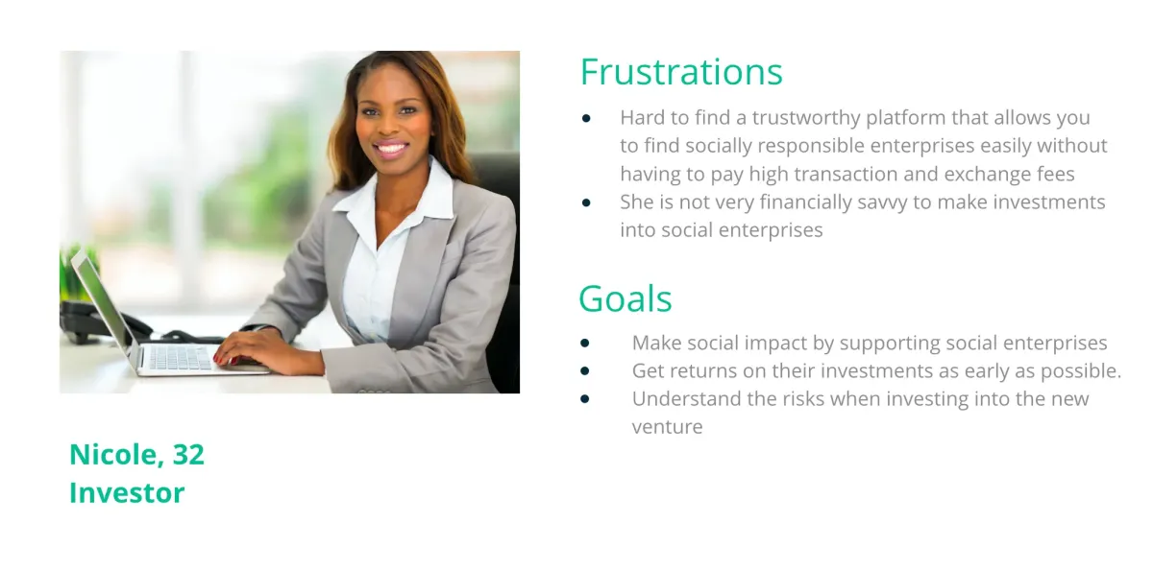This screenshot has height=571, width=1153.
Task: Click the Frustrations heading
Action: click(x=681, y=72)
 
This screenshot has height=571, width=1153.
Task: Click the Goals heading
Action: click(x=626, y=298)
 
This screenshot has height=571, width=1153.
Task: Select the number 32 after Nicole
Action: click(x=188, y=454)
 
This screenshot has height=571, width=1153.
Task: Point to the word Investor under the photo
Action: click(x=127, y=493)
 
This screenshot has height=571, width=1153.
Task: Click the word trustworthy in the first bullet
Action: click(x=806, y=118)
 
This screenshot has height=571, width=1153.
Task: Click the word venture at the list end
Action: click(x=667, y=428)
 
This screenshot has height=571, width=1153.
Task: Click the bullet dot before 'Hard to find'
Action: click(x=586, y=119)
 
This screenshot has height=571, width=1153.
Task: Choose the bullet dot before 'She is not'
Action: click(x=586, y=203)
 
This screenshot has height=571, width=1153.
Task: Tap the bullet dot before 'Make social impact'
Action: click(x=585, y=344)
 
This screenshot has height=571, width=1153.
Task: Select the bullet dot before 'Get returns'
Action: click(x=585, y=371)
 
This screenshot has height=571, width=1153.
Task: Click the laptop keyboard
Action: click(x=181, y=357)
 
